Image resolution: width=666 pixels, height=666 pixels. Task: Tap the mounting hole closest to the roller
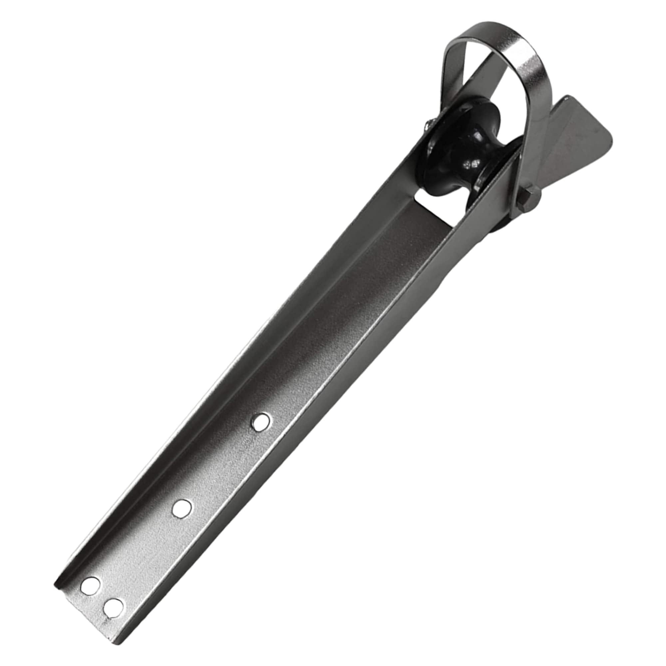(261, 421)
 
